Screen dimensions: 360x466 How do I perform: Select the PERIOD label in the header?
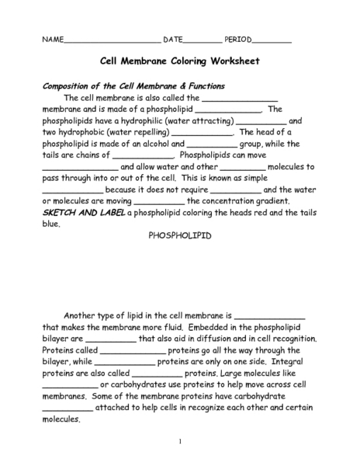[237, 39]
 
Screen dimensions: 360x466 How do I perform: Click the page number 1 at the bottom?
[179, 442]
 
